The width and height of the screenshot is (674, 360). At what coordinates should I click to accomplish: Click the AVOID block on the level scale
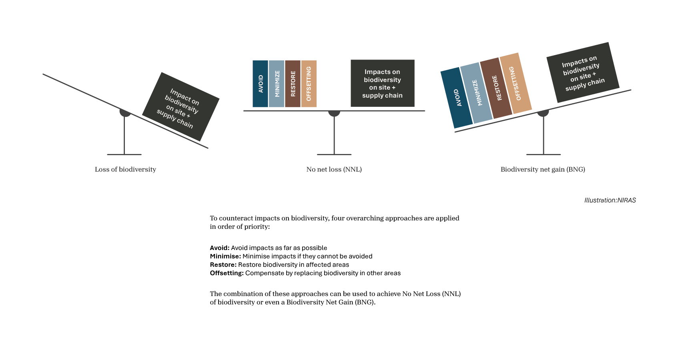pyautogui.click(x=260, y=84)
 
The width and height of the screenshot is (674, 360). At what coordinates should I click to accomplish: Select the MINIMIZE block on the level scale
pyautogui.click(x=277, y=84)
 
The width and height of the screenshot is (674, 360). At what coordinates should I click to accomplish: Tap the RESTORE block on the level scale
pyautogui.click(x=293, y=84)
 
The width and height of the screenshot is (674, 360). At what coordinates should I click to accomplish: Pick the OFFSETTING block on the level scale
pyautogui.click(x=309, y=84)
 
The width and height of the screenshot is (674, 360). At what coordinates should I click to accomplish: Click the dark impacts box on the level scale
pyautogui.click(x=382, y=83)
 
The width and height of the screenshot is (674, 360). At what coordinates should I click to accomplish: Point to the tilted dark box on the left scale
pyautogui.click(x=181, y=106)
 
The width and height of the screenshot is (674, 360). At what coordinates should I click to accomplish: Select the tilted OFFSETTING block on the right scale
pyautogui.click(x=516, y=83)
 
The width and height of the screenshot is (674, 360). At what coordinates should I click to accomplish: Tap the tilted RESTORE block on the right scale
pyautogui.click(x=496, y=88)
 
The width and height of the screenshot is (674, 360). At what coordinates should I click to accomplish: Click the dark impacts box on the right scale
pyautogui.click(x=583, y=72)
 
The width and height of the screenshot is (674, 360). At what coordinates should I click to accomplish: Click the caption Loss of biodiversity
pyautogui.click(x=125, y=170)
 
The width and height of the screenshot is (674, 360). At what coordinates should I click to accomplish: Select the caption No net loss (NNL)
pyautogui.click(x=334, y=170)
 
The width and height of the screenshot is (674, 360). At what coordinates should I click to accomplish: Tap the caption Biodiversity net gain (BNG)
pyautogui.click(x=543, y=170)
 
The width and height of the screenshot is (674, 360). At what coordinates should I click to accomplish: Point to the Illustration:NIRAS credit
pyautogui.click(x=610, y=200)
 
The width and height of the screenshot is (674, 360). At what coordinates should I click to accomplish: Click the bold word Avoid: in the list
pyautogui.click(x=219, y=248)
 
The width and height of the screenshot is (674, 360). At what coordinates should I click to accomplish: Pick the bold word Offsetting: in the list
pyautogui.click(x=227, y=273)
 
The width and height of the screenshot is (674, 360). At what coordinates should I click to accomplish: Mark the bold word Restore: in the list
pyautogui.click(x=223, y=265)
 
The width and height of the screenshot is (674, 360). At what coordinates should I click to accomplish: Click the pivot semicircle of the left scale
pyautogui.click(x=125, y=113)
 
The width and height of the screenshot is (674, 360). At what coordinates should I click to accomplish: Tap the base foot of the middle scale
pyautogui.click(x=334, y=154)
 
